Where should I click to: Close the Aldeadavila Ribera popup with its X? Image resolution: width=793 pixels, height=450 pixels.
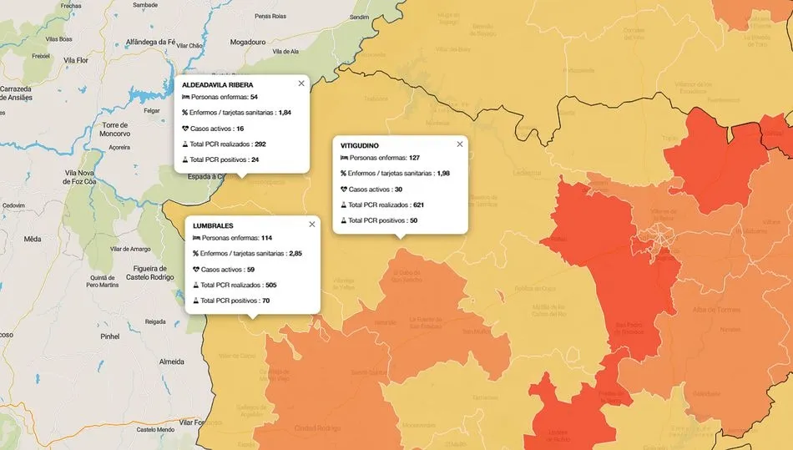point(301,83)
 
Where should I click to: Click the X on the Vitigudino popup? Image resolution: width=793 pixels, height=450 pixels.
point(460,144)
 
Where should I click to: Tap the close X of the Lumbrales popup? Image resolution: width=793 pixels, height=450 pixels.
point(312,224)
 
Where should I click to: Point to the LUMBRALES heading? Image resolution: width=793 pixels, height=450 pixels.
point(213,225)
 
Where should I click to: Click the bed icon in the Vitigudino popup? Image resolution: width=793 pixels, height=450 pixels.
point(344,157)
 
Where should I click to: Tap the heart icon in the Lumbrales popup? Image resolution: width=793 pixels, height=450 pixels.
point(196,269)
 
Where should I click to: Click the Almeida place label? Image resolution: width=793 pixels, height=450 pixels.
point(171,362)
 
